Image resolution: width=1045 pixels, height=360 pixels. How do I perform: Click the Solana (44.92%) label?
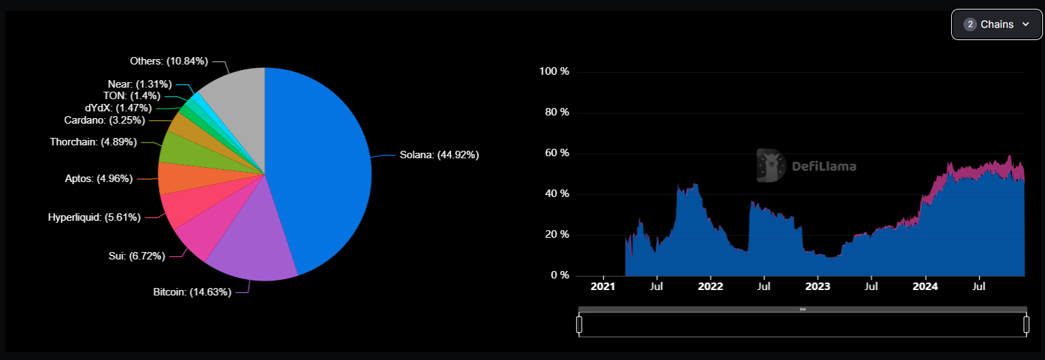[439, 155]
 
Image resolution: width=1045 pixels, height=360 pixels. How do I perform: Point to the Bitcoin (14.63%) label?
[192, 292]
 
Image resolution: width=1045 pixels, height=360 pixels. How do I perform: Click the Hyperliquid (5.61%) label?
[94, 217]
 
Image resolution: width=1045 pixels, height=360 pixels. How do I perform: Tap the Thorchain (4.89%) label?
[93, 142]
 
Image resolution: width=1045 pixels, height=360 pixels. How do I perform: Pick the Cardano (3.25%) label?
[104, 120]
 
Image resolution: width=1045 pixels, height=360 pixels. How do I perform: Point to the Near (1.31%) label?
[135, 84]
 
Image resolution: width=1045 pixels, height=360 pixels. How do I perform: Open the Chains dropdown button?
[996, 24]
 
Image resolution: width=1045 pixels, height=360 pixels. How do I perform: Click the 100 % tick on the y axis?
[553, 71]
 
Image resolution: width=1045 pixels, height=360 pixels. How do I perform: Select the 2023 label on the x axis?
[817, 287]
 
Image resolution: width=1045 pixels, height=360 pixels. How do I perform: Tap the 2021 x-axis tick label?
[603, 287]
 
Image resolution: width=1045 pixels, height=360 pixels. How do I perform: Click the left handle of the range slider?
[579, 325]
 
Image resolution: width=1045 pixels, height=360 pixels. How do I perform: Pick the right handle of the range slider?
[1026, 325]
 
